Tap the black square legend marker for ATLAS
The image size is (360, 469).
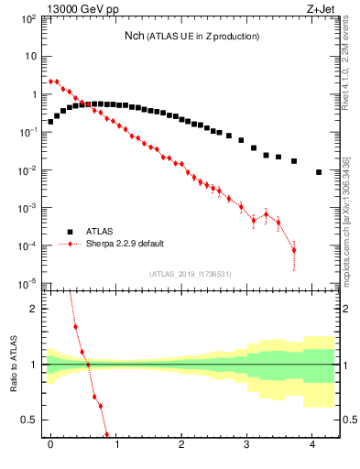66,231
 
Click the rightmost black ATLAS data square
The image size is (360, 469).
318,172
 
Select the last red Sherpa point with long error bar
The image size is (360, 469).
294,250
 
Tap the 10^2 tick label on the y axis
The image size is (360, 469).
27,17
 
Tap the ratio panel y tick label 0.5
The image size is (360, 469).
29,420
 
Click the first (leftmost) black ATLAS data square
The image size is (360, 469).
50,121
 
